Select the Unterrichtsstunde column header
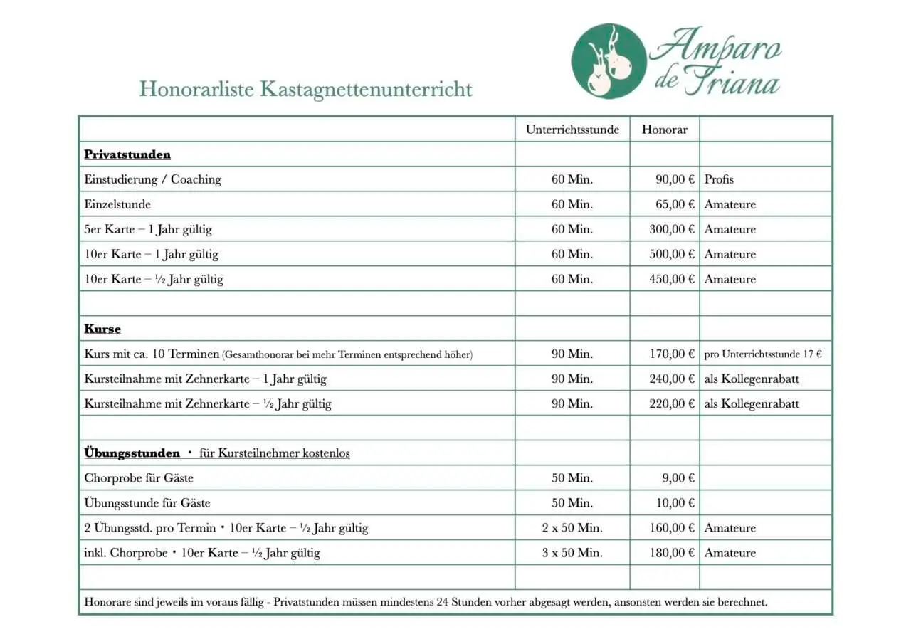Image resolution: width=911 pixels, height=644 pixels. [572, 130]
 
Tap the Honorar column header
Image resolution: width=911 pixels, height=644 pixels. [664, 130]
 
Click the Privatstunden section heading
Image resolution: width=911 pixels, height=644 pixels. [127, 154]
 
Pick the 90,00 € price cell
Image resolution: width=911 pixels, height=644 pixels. [674, 179]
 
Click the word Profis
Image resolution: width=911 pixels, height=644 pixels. [719, 179]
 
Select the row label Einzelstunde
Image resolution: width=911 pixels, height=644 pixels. [117, 204]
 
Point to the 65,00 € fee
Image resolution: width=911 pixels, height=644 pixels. [674, 204]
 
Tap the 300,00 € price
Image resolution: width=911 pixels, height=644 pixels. [671, 229]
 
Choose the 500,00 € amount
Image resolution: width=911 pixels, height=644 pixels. [671, 254]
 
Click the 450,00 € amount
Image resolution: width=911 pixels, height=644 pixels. [671, 279]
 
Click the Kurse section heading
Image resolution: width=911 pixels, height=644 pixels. [102, 329]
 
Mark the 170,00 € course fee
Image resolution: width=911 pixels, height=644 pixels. [671, 354]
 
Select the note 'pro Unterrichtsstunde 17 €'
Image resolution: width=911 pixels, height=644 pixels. [763, 354]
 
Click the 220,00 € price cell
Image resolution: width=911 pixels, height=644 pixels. [671, 403]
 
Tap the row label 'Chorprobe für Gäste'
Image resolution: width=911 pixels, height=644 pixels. [139, 478]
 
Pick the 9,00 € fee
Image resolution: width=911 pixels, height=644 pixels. [677, 478]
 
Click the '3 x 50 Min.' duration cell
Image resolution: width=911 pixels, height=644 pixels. [572, 553]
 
